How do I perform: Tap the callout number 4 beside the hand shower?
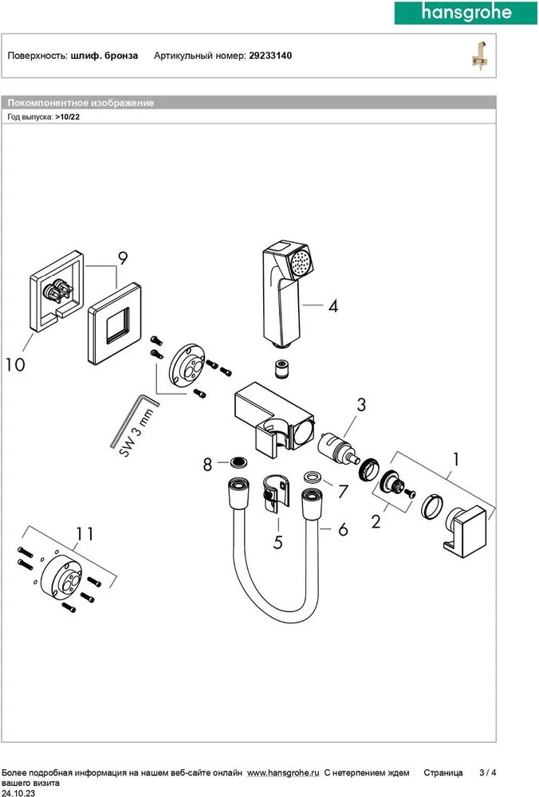pos(333,306)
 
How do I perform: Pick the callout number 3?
pos(360,405)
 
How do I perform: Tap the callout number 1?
pos(455,459)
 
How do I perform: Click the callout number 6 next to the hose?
pos(343,528)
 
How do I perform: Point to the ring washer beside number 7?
pos(312,476)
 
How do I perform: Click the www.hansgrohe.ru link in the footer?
pos(283,773)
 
